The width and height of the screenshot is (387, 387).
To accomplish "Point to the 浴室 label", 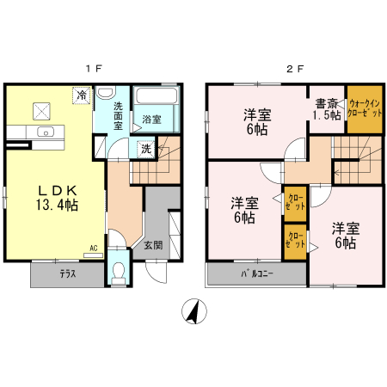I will tap(151, 119).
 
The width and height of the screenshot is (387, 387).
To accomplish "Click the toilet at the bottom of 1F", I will tap(119, 273).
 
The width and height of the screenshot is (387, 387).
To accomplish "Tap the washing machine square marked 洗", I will tap(146, 148).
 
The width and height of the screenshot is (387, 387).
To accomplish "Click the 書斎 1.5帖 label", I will tap(326, 108).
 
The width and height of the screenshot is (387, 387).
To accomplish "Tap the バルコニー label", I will tap(255, 274).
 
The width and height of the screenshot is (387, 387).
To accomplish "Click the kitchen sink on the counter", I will tap(46, 132).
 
